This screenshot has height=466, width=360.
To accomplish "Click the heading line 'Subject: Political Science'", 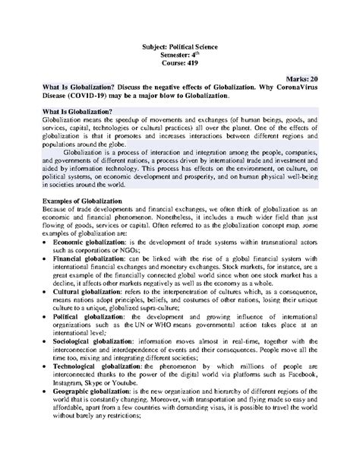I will [179, 47].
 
